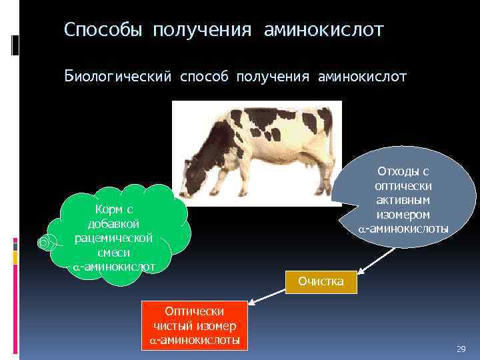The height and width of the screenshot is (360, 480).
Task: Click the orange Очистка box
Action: [321, 281]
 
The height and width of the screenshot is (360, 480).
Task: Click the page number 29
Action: [460, 349]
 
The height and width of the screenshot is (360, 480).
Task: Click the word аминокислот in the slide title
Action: [324, 30]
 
